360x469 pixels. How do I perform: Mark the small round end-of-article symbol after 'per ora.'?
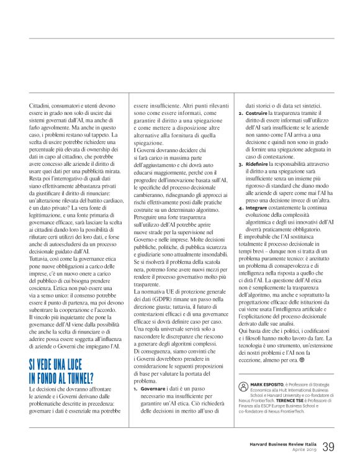coord(304,361)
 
